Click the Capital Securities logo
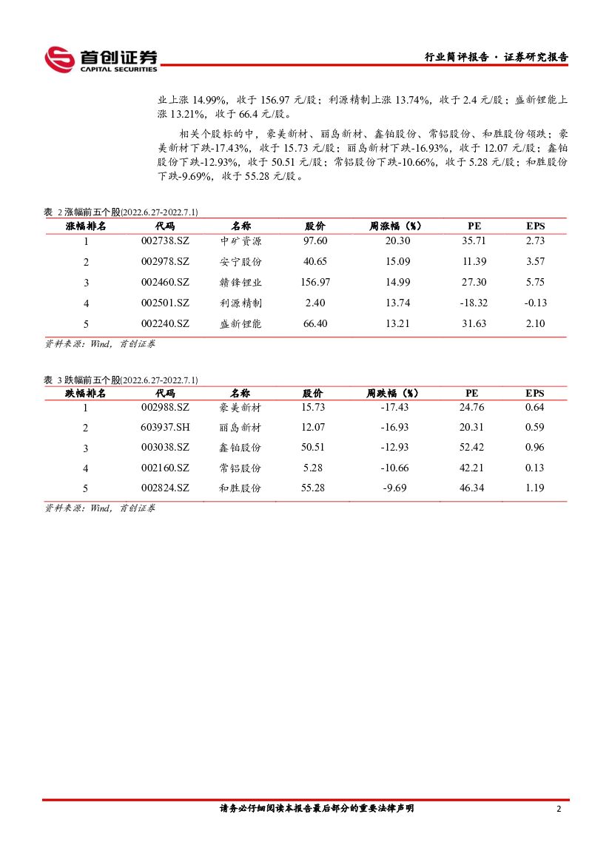click(x=101, y=59)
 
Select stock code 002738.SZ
click(x=165, y=241)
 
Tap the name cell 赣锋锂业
click(x=241, y=283)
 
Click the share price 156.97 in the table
click(x=315, y=283)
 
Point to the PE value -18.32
click(x=474, y=303)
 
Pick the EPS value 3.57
click(x=534, y=262)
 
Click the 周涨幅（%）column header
click(x=395, y=226)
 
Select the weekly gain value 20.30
click(x=395, y=241)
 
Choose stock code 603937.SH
click(x=165, y=428)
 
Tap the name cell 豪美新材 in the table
click(x=241, y=408)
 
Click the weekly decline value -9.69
click(x=394, y=488)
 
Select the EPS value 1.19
click(x=534, y=488)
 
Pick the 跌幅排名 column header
click(x=86, y=393)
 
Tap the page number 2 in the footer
click(x=559, y=809)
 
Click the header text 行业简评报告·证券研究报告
click(x=496, y=57)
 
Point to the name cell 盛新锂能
click(x=241, y=323)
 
